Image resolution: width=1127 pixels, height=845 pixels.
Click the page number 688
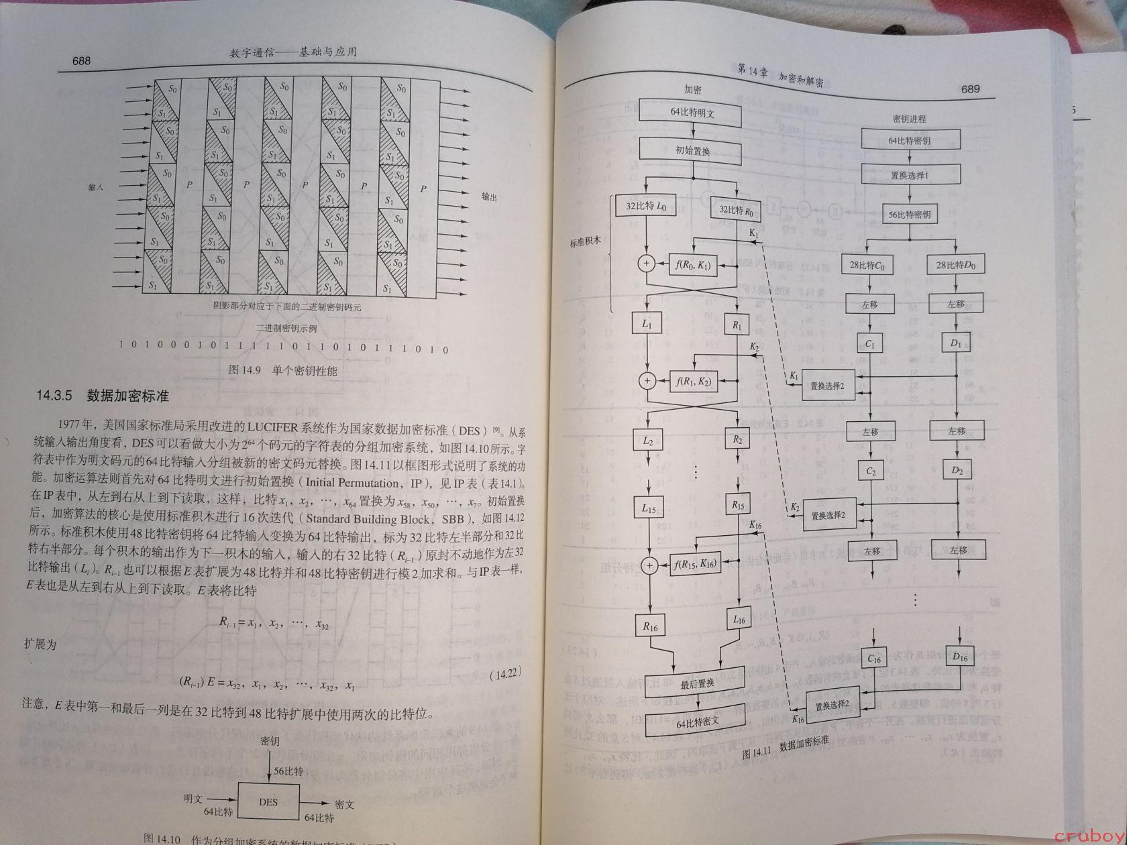[x=81, y=61]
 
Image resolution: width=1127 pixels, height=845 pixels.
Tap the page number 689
[x=970, y=89]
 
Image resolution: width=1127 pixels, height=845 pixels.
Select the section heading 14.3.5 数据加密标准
[x=102, y=396]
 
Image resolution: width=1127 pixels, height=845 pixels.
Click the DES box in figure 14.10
[x=268, y=801]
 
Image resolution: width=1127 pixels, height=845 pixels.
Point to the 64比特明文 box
[x=692, y=113]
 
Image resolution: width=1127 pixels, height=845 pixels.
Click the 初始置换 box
[x=692, y=152]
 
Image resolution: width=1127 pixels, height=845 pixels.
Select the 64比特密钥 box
[x=909, y=141]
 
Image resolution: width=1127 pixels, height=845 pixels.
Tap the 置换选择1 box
[x=910, y=175]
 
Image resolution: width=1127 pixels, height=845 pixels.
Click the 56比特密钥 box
[x=909, y=215]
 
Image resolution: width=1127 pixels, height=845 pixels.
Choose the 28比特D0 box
[x=955, y=266]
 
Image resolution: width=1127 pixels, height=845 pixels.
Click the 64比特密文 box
[x=697, y=722]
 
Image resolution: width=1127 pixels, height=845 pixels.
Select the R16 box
[x=650, y=626]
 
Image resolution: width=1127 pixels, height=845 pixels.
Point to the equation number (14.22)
[x=506, y=675]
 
